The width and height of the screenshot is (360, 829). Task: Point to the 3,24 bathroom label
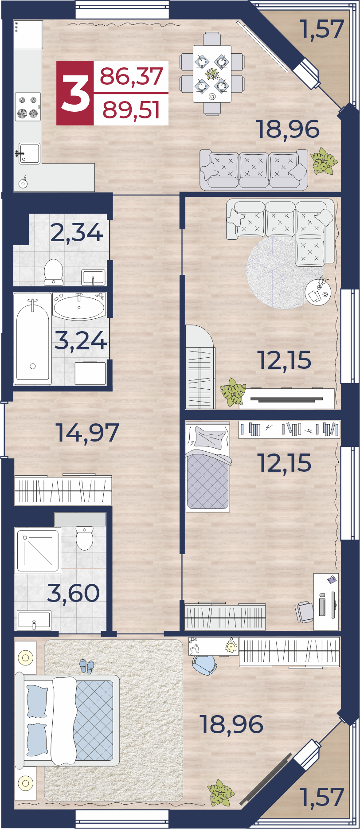tap(81, 340)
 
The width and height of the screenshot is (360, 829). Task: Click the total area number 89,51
tap(131, 109)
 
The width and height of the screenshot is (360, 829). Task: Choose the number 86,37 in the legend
tap(132, 76)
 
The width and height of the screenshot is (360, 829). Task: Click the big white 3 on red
tap(75, 93)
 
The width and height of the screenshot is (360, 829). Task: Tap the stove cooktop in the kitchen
tap(27, 106)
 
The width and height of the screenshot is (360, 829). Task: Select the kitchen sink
tap(29, 153)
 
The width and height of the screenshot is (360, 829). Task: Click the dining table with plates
tap(212, 74)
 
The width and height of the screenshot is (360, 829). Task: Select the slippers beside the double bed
tap(87, 666)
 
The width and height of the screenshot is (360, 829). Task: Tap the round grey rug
tap(278, 273)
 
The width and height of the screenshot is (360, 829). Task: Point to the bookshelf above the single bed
tap(289, 429)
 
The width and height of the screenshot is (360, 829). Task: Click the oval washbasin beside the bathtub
tap(79, 306)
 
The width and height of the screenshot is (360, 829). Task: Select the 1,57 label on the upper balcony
tap(322, 29)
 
